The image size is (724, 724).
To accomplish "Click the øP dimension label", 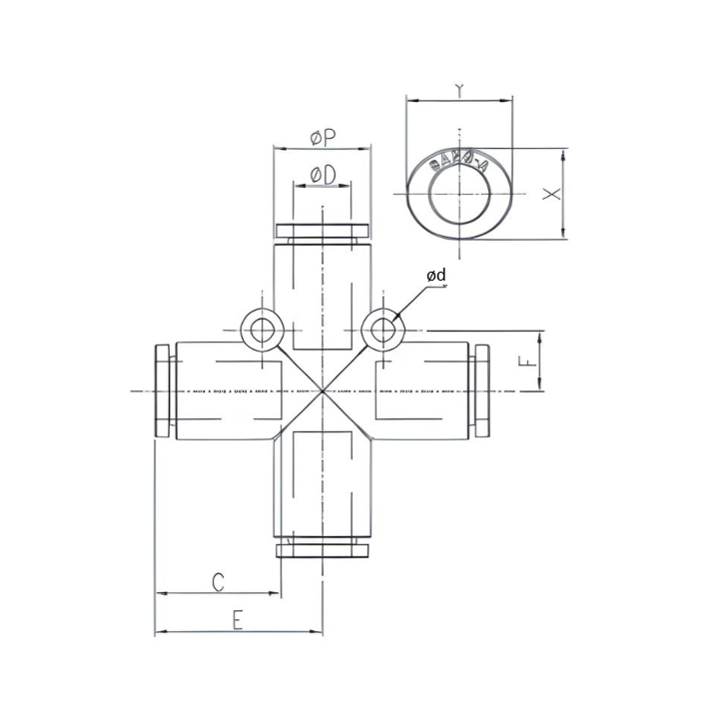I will coord(323,137).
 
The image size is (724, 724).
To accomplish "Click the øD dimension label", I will coord(323,175).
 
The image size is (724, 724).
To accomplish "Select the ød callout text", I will coord(435,275).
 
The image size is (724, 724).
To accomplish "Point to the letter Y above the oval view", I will coord(458,91).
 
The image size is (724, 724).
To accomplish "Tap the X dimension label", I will coord(550,194).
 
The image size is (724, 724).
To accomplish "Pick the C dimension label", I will coord(218,582).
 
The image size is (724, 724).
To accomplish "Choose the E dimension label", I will coord(238,620).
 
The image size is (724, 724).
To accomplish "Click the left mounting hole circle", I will coord(263,331).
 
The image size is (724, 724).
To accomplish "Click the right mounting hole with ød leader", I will coord(380,331).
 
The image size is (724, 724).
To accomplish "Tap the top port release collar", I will coord(323,232).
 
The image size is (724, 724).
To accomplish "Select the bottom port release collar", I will coord(323,548).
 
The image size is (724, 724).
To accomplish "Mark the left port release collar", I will coord(163,389).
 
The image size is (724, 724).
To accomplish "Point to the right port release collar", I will coord(482,389).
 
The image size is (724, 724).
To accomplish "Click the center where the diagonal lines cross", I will coord(323,389).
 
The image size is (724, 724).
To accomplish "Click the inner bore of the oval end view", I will coord(458,193).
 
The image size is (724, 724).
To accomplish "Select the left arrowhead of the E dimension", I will coord(159,632).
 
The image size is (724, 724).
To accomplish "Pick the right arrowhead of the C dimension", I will coord(277,594).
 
